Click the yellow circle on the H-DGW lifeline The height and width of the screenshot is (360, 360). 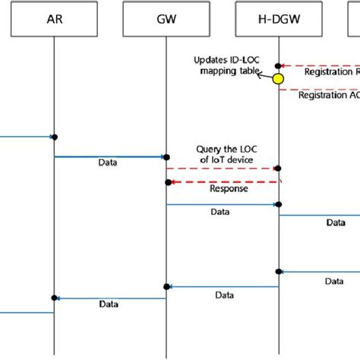[279, 78]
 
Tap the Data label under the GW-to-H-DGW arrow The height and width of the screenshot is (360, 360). [222, 213]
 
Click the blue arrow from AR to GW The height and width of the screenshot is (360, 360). [109, 156]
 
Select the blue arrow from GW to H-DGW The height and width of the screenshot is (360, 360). [222, 204]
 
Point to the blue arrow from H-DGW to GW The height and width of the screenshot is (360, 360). [223, 286]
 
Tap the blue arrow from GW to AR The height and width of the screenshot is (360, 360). [109, 298]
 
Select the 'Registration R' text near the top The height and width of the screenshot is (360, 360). [331, 72]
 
